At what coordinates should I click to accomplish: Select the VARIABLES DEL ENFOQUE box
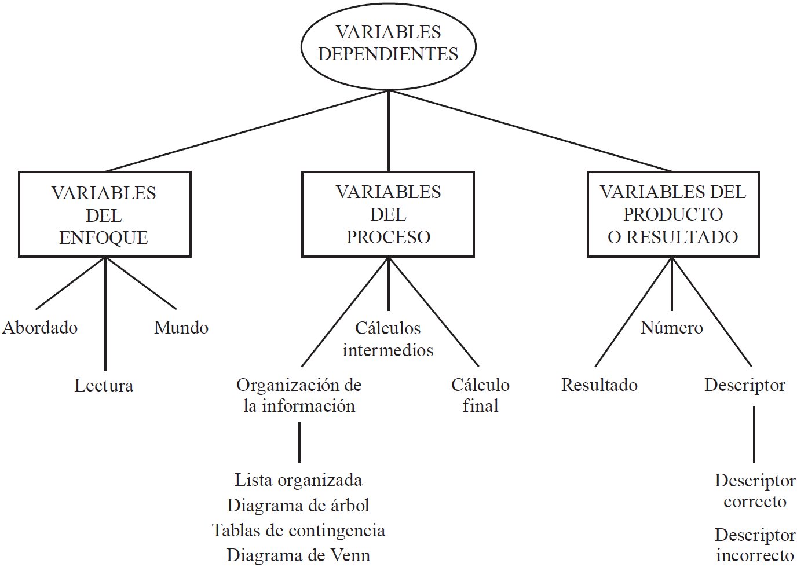104,215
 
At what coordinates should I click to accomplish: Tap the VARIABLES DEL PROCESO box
388,214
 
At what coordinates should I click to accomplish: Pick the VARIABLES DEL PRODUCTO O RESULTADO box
672,214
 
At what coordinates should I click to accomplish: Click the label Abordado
40,328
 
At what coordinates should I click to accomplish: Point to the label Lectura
104,386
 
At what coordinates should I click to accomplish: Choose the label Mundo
181,328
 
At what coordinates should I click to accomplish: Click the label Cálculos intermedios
388,339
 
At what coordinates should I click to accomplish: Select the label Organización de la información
299,395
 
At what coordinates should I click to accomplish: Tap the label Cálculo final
480,395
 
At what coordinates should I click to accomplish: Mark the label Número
672,328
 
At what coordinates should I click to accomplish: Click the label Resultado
599,385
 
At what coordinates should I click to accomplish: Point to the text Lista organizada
298,480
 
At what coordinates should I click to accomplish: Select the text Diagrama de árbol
298,506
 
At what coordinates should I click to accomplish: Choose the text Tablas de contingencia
298,531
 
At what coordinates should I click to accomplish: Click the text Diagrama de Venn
298,555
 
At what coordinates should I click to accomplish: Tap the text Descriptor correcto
755,491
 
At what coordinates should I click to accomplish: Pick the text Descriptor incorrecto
755,545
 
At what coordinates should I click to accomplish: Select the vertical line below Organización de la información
299,442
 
